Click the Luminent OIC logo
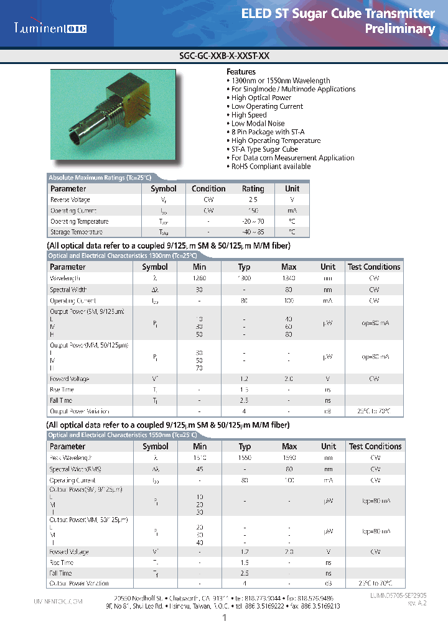pos(51,28)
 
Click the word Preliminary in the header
pos(399,29)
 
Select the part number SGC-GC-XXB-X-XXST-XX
pos(223,55)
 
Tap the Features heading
pos(241,72)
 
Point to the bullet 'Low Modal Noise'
pos(258,124)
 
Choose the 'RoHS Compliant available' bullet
pos(271,167)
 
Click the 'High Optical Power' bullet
pos(261,98)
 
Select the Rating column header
pos(253,189)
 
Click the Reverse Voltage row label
pos(70,200)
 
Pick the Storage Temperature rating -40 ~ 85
pos(253,232)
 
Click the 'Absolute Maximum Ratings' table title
pos(99,178)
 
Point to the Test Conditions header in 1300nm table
pos(374,267)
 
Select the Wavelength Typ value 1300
pos(245,278)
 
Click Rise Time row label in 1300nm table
pos(62,390)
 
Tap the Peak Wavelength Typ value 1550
pos(245,457)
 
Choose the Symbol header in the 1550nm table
pos(156,446)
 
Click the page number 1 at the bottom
pos(224,618)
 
